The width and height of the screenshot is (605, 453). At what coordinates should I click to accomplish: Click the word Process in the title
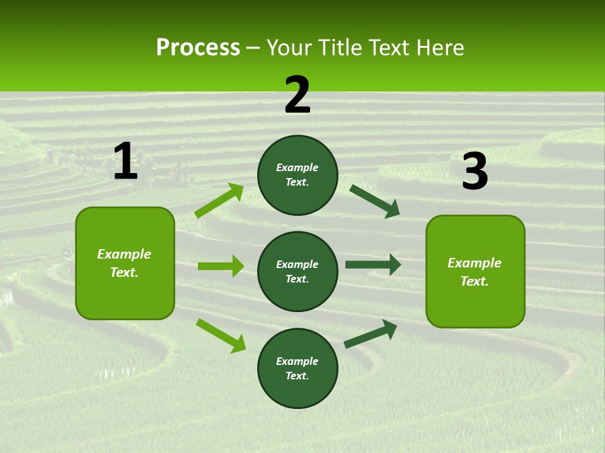[198, 48]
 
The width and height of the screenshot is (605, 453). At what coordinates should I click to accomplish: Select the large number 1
[125, 161]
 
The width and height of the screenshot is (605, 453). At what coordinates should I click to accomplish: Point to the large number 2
[297, 95]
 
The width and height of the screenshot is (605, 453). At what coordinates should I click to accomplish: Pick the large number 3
[475, 172]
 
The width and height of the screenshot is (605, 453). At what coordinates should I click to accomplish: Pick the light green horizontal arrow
[221, 266]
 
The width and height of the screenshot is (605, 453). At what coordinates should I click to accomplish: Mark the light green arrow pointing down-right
[221, 335]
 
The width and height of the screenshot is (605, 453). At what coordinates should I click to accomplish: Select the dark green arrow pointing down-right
[375, 201]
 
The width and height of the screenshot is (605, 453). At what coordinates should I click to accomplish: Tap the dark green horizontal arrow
[373, 265]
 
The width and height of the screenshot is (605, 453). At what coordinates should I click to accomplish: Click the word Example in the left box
[124, 254]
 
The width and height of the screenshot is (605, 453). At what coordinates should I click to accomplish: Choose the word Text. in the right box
[475, 281]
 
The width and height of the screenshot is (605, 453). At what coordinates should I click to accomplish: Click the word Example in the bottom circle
[297, 361]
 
